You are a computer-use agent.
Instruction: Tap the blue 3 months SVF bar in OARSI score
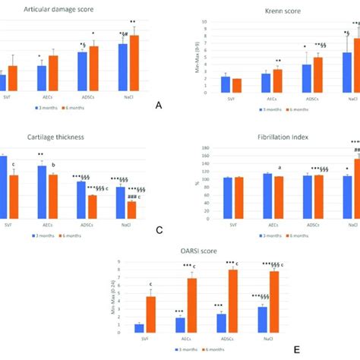click(x=139, y=328)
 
